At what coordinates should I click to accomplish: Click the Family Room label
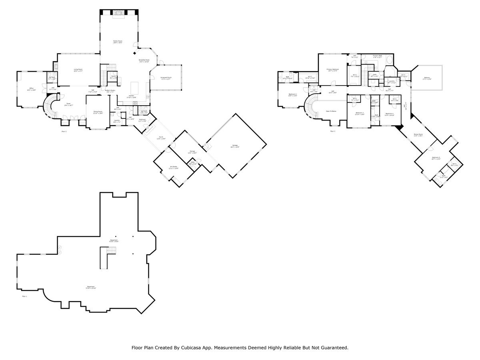pos(117,41)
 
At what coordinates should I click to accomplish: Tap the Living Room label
pos(78,70)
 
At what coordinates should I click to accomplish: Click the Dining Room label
pos(98,112)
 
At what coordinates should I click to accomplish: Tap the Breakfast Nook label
pos(144,60)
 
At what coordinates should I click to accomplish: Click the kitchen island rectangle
pos(135,87)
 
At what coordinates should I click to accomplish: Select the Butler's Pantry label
pos(110,90)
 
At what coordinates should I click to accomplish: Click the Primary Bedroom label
pos(332,70)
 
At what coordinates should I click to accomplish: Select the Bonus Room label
pos(418,135)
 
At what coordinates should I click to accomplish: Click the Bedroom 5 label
pos(436,158)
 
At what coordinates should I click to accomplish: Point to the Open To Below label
pos(331,111)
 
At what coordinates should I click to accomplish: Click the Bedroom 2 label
pos(292,94)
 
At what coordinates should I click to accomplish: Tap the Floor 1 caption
pos(24,296)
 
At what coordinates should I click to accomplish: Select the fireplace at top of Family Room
pos(118,13)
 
